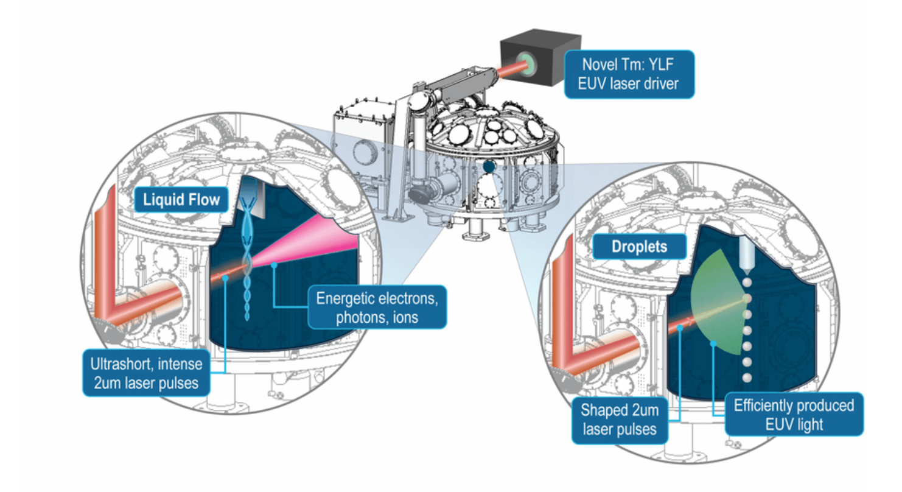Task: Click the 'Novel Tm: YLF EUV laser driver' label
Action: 628,74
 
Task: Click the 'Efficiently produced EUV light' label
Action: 794,414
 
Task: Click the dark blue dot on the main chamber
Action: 488,166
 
